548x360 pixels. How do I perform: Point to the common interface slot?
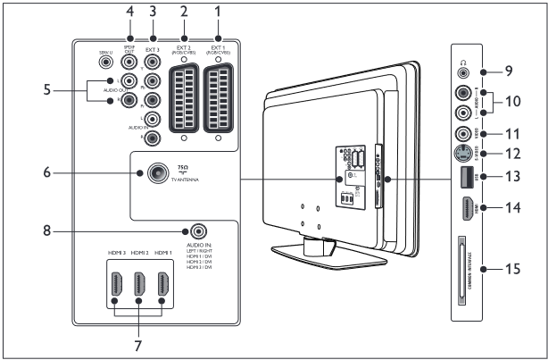[x=462, y=265]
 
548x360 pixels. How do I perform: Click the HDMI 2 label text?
[x=138, y=253]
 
